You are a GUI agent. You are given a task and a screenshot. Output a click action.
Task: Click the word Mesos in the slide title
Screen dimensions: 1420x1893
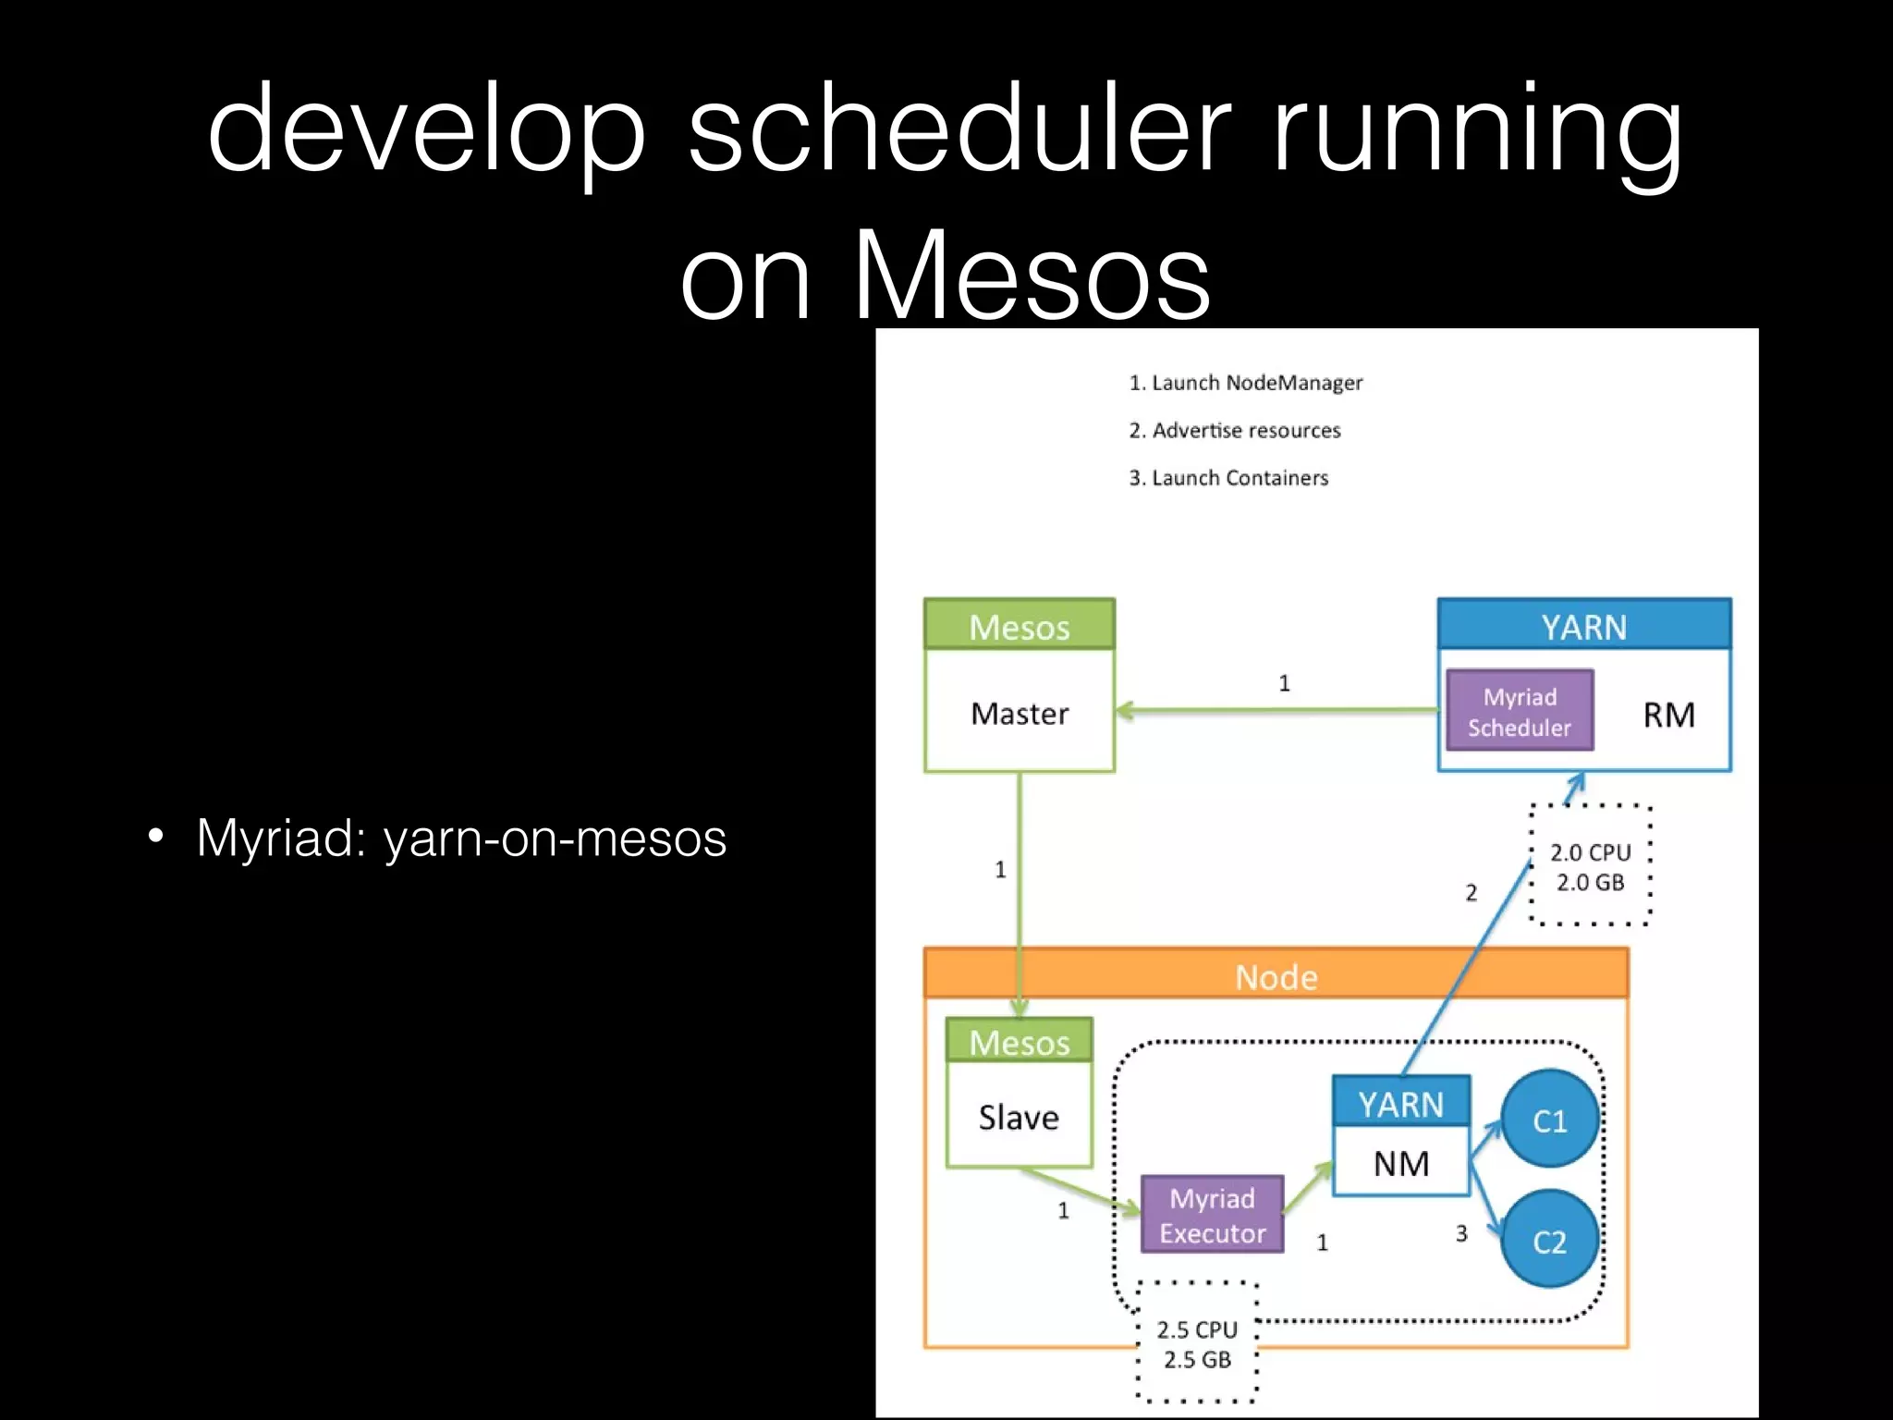tap(1031, 275)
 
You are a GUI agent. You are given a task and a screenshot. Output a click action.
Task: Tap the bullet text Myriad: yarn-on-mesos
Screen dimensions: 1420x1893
tap(461, 838)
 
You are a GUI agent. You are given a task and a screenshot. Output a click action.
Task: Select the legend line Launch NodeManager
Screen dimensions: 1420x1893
tap(1245, 383)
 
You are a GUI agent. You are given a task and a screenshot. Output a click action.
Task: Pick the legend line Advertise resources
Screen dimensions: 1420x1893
tap(1234, 430)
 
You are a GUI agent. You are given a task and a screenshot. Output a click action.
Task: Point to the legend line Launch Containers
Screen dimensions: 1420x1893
tap(1228, 478)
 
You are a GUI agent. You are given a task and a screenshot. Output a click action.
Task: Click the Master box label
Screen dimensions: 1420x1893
tap(1020, 714)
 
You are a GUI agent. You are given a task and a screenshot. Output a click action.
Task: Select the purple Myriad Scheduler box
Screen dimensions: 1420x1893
tap(1520, 711)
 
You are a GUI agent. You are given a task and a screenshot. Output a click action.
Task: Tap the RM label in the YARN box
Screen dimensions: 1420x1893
tap(1668, 715)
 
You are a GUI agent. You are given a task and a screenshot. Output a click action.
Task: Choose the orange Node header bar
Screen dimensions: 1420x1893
tap(1276, 976)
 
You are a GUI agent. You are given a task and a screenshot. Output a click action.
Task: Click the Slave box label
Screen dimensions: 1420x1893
tap(1019, 1118)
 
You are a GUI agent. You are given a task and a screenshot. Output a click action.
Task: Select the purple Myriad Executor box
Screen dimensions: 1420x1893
tap(1212, 1216)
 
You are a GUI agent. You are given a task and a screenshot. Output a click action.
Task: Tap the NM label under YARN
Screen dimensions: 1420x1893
tap(1401, 1164)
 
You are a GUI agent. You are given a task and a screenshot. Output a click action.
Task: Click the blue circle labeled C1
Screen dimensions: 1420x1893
tap(1550, 1120)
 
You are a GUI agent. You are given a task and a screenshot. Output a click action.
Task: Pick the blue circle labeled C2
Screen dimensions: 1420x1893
tap(1550, 1241)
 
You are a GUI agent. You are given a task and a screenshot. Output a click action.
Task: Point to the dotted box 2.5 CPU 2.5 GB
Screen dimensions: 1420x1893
tap(1197, 1344)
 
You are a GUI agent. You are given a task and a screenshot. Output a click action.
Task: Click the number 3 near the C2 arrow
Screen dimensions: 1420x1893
tap(1461, 1233)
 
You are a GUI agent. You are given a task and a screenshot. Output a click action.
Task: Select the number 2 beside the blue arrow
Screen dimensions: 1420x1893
tap(1471, 893)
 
